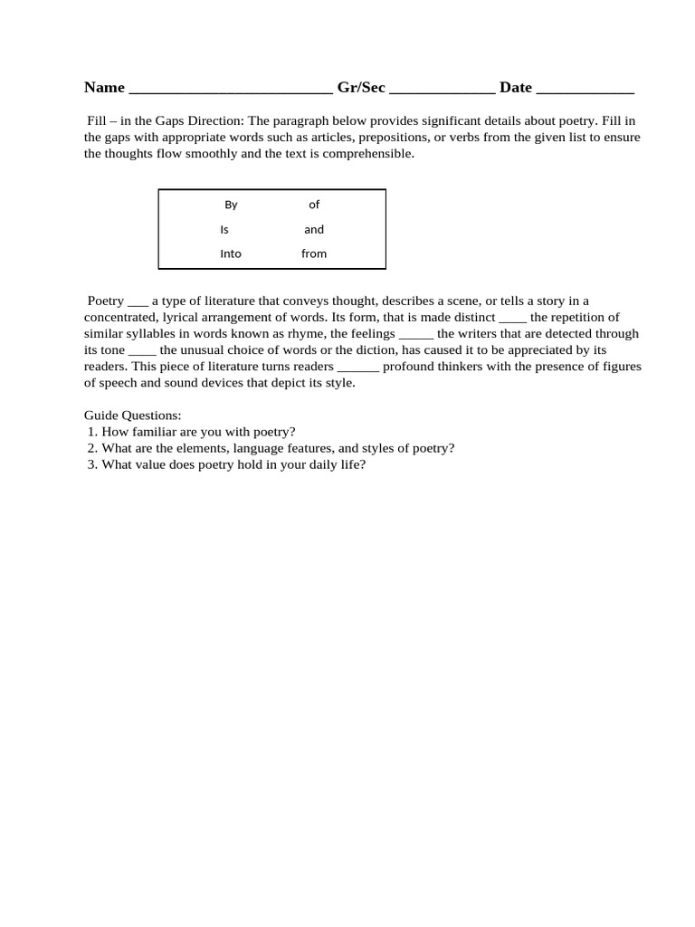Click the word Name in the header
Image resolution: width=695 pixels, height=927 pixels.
(104, 88)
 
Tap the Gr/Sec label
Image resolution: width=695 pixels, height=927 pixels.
(361, 88)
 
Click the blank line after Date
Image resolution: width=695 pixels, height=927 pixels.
(585, 90)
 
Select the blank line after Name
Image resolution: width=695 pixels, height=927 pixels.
(231, 90)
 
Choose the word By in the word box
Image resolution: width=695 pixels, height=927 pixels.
(231, 205)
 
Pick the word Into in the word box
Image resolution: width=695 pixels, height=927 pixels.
(231, 253)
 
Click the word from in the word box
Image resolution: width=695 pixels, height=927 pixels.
(314, 253)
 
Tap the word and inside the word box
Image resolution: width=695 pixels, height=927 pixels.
(314, 229)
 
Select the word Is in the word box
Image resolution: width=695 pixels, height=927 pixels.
(224, 229)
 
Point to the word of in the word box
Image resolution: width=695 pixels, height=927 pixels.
(314, 205)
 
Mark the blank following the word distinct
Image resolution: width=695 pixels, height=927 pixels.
(512, 319)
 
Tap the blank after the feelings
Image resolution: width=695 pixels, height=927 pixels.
(416, 335)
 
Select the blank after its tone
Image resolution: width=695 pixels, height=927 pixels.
(142, 351)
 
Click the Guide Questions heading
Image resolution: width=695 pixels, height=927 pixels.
(133, 416)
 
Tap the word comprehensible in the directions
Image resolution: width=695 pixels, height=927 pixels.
(362, 153)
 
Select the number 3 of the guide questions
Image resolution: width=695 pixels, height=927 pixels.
(92, 464)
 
